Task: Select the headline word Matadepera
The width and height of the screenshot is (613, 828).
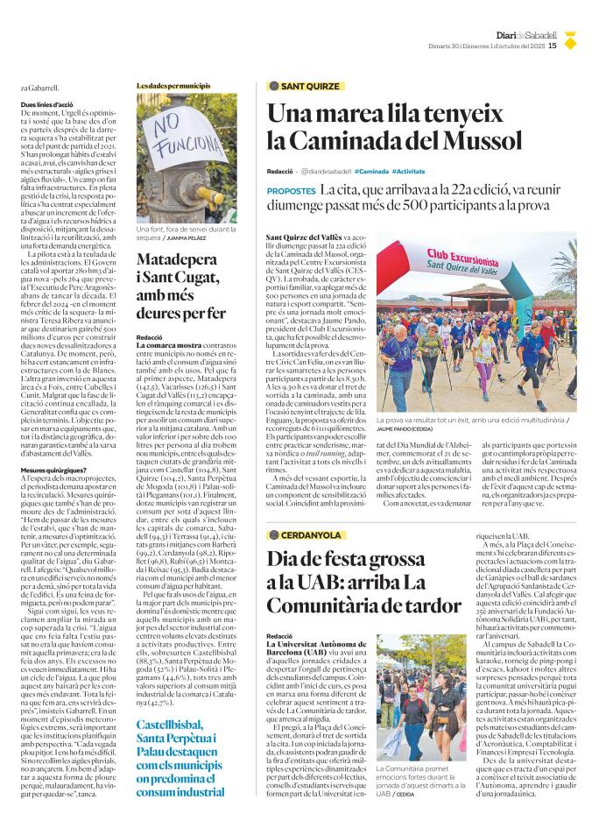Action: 180,259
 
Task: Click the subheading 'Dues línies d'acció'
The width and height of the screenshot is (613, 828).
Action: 46,104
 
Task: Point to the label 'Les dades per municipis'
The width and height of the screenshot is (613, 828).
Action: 173,86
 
